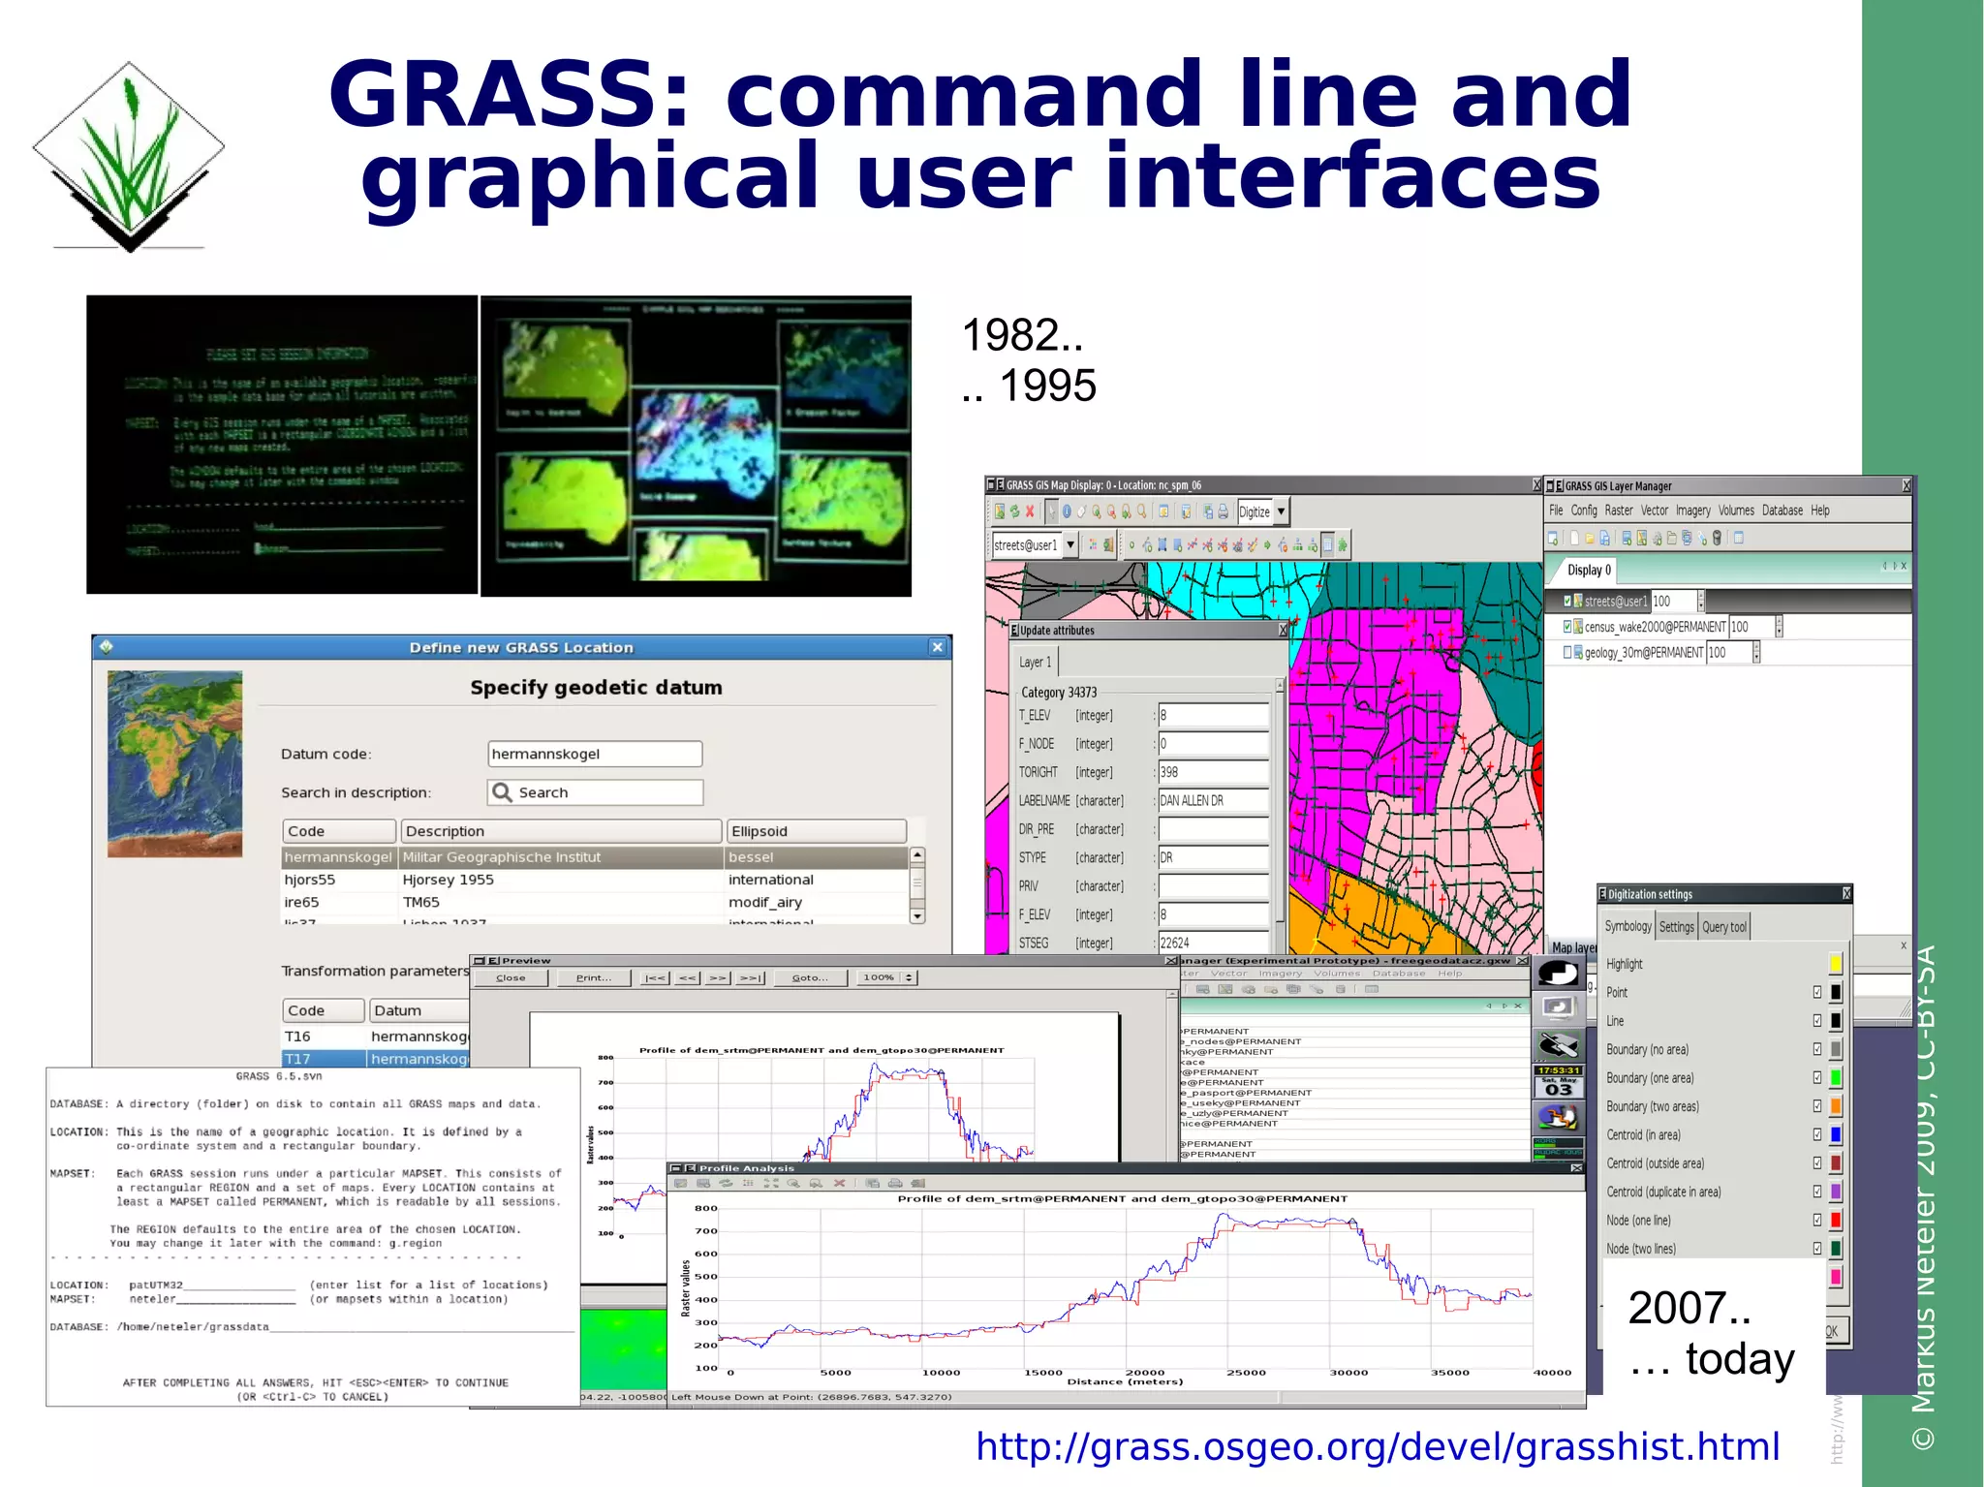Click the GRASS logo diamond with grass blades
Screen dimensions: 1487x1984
[129, 155]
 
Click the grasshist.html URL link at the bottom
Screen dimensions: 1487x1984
[1377, 1446]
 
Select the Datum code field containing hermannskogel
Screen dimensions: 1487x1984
[594, 754]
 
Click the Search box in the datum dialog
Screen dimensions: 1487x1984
[594, 792]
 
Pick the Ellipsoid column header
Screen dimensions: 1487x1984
[816, 831]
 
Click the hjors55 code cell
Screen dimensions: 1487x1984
[310, 880]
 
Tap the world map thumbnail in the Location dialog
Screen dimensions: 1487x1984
[174, 763]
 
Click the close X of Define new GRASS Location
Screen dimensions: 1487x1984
[937, 647]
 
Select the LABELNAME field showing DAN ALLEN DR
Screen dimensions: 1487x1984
[1212, 801]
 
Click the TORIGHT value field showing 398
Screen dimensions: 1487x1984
[1212, 772]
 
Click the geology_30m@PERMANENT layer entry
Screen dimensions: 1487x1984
[1643, 653]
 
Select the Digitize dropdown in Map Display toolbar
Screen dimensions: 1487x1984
[1262, 511]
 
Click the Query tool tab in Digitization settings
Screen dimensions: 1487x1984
[1723, 927]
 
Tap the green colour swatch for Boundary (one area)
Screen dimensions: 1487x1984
[1835, 1078]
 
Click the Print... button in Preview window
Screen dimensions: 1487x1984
[593, 977]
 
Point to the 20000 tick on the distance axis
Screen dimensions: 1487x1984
[1144, 1373]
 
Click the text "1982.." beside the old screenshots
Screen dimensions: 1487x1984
[1021, 336]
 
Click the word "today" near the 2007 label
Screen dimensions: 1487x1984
[1740, 1358]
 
